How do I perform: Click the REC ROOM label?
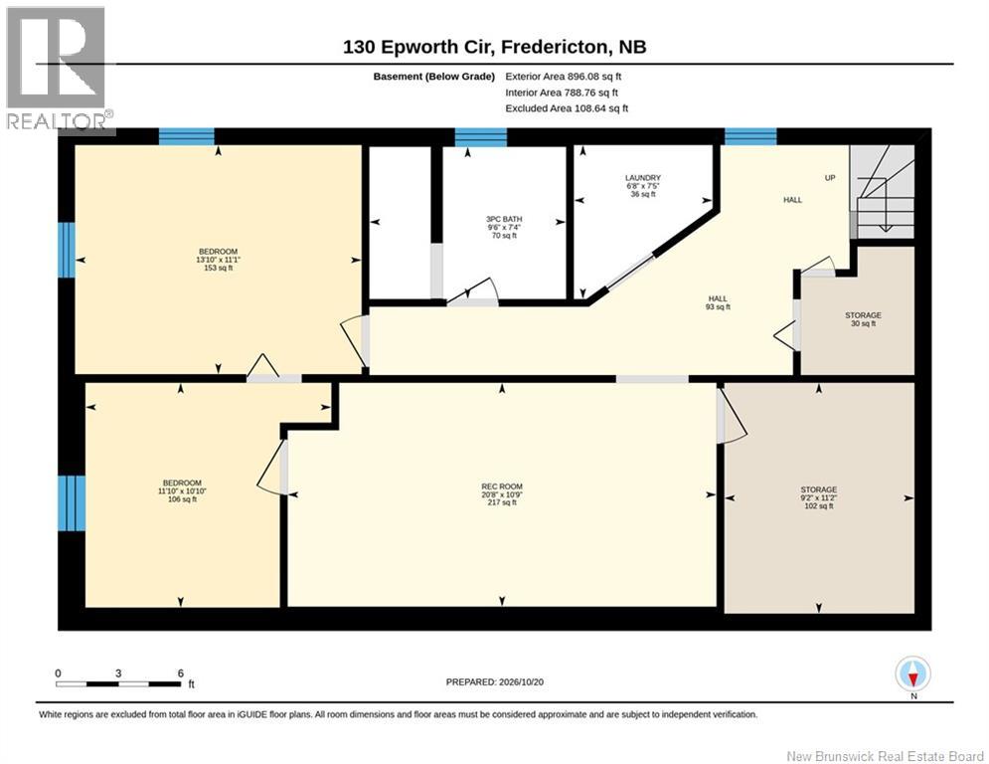502,494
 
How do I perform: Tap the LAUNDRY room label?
643,186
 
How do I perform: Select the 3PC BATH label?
504,227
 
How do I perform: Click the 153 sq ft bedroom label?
219,260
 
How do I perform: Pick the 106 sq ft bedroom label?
182,490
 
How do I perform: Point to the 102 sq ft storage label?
819,497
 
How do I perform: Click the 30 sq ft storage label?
864,319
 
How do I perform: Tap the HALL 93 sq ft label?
718,302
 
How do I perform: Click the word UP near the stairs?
830,178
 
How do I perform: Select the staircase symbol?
882,191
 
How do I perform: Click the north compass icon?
912,673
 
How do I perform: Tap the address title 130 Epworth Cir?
495,47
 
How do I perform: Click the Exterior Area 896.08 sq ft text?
564,77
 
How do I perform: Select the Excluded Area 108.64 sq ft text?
567,108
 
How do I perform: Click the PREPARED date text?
495,681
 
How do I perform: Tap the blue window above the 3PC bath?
481,137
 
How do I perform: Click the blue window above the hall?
750,137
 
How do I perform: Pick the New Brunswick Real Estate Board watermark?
886,756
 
